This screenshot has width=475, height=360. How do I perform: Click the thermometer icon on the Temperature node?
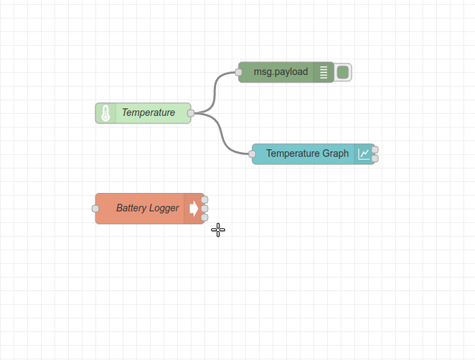[106, 113]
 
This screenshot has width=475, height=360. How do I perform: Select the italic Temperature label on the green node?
[148, 113]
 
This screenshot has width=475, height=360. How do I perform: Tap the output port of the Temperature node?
[191, 113]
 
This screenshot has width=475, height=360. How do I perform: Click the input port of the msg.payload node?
[239, 72]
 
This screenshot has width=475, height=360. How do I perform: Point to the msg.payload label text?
[281, 72]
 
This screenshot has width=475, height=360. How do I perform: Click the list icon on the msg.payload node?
[324, 72]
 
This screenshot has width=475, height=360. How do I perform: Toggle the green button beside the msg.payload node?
[343, 72]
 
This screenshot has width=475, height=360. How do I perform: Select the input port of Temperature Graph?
[252, 154]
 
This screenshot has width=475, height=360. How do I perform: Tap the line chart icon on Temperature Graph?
[365, 154]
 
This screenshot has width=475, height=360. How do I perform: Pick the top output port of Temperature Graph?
[375, 149]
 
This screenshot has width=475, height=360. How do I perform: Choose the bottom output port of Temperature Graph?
[375, 158]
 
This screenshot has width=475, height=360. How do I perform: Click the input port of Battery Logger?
[95, 209]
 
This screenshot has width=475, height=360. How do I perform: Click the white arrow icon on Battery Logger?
[194, 209]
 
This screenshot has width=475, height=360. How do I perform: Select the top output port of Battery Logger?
[204, 200]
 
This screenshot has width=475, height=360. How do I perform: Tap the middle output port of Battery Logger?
[204, 209]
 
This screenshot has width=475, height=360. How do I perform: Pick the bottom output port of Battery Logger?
[204, 217]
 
